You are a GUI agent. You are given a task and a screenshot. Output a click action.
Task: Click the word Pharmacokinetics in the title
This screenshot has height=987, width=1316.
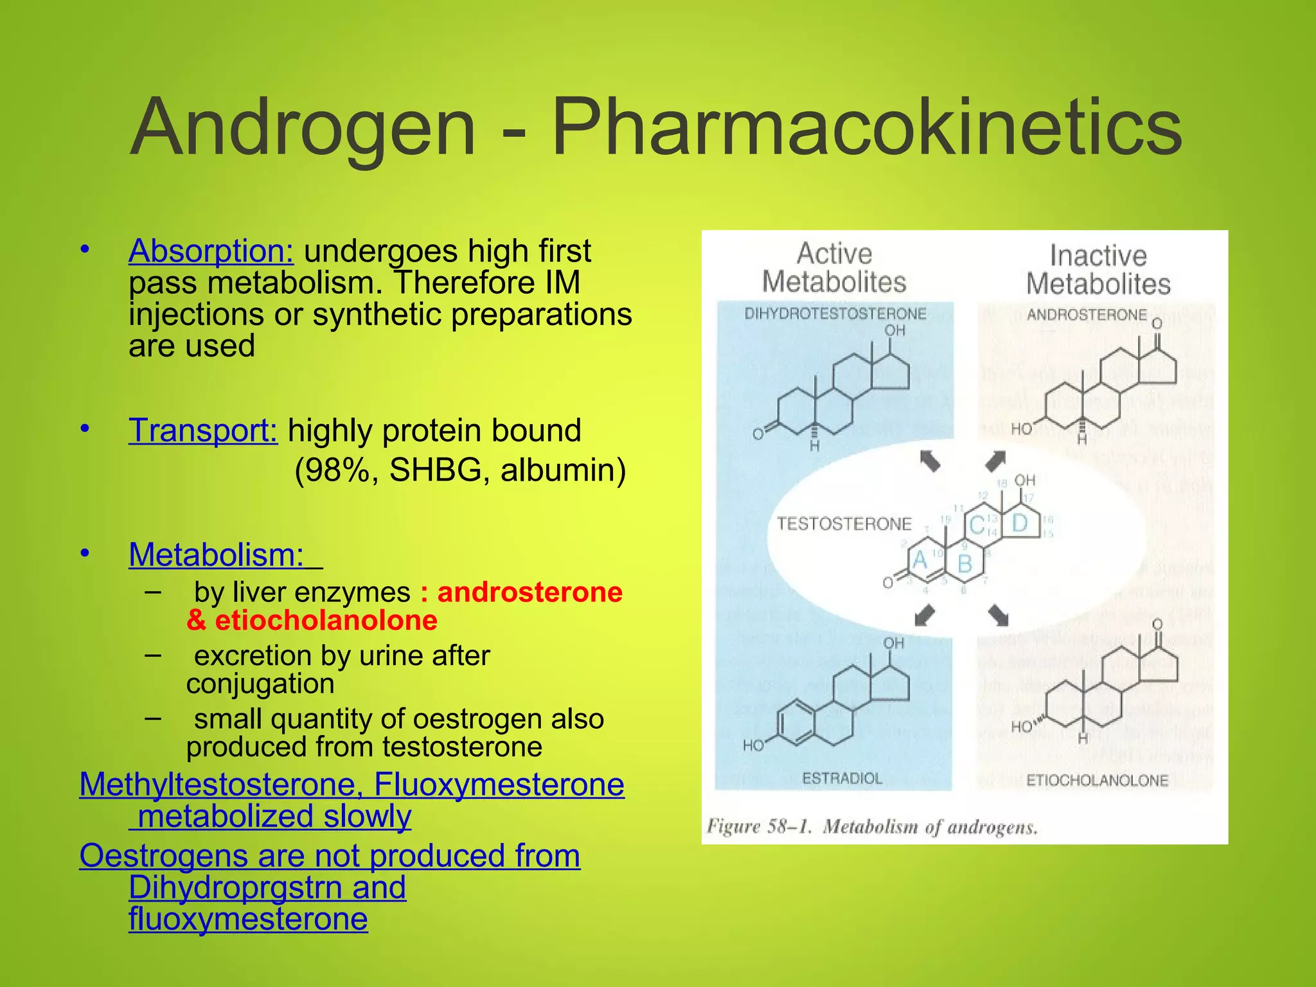(x=866, y=127)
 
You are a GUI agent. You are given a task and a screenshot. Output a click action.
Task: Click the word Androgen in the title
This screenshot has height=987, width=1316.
(x=303, y=127)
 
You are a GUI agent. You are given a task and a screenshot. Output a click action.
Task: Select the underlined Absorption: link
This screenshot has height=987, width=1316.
(x=211, y=251)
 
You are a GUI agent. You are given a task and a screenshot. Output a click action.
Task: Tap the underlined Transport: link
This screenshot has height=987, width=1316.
(x=203, y=430)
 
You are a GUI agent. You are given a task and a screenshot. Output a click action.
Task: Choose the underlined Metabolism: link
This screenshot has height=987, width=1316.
(x=217, y=554)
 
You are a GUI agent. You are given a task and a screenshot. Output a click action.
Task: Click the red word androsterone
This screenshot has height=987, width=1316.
(x=529, y=592)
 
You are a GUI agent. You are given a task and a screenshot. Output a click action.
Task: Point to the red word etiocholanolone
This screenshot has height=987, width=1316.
(x=326, y=620)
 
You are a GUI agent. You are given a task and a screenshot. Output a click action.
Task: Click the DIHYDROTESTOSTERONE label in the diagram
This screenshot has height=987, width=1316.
(x=835, y=314)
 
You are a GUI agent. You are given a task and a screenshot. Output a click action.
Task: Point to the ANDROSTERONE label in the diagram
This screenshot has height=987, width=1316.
(x=1086, y=315)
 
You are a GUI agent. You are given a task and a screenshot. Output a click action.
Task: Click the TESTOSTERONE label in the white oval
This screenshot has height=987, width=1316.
(x=844, y=524)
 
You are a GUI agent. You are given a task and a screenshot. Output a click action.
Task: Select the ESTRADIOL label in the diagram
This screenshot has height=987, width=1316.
(x=842, y=779)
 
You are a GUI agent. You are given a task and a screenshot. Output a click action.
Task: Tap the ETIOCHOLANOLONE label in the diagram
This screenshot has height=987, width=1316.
(x=1097, y=781)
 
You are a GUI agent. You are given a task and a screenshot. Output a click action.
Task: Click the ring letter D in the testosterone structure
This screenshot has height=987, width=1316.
(x=1020, y=523)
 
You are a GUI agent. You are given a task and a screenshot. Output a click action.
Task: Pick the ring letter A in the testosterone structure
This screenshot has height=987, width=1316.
(x=920, y=560)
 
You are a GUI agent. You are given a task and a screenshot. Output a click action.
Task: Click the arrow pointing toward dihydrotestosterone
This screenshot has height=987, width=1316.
(x=930, y=461)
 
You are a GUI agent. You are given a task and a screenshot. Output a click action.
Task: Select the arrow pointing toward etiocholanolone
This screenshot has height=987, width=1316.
(x=998, y=615)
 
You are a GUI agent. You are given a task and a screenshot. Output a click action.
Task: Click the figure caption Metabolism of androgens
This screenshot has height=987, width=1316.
(x=930, y=826)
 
